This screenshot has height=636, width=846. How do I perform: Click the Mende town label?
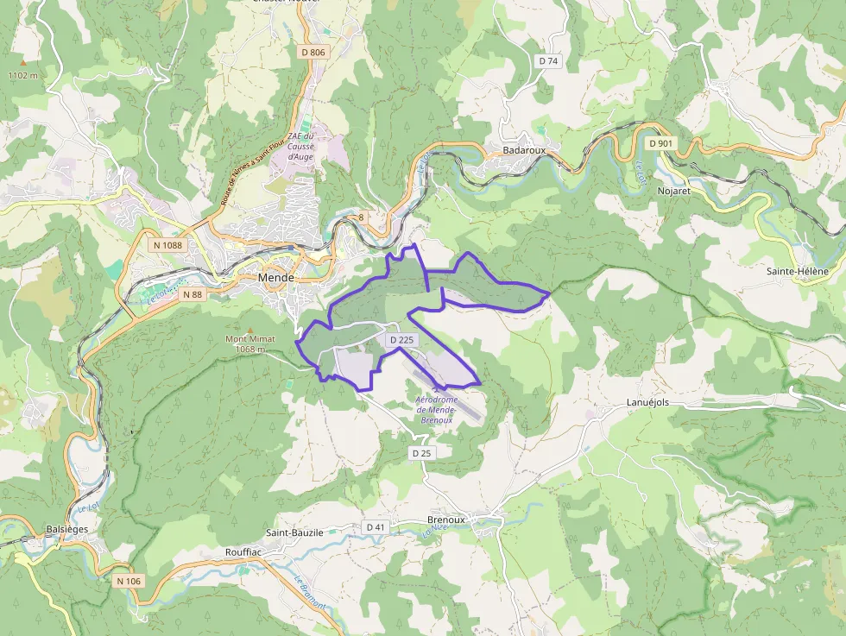pyautogui.click(x=276, y=278)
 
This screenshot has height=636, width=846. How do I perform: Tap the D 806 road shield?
pyautogui.click(x=313, y=53)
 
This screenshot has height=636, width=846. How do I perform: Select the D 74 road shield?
pyautogui.click(x=548, y=61)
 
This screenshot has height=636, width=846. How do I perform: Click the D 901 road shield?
pyautogui.click(x=660, y=143)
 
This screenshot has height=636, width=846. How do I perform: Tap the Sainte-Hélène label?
pyautogui.click(x=797, y=271)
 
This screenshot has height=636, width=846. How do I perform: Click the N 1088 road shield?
pyautogui.click(x=167, y=245)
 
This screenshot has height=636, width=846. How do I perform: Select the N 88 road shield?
pyautogui.click(x=192, y=294)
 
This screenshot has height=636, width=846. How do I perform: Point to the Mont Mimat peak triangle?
pyautogui.click(x=250, y=330)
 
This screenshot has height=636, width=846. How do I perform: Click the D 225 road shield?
pyautogui.click(x=401, y=341)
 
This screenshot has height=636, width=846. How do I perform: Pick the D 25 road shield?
pyautogui.click(x=421, y=453)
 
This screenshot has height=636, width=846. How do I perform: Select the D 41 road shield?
pyautogui.click(x=376, y=527)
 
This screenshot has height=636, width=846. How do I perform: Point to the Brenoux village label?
pyautogui.click(x=446, y=520)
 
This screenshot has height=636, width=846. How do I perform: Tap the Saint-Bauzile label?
pyautogui.click(x=294, y=533)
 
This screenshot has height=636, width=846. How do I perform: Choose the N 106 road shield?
pyautogui.click(x=128, y=581)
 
